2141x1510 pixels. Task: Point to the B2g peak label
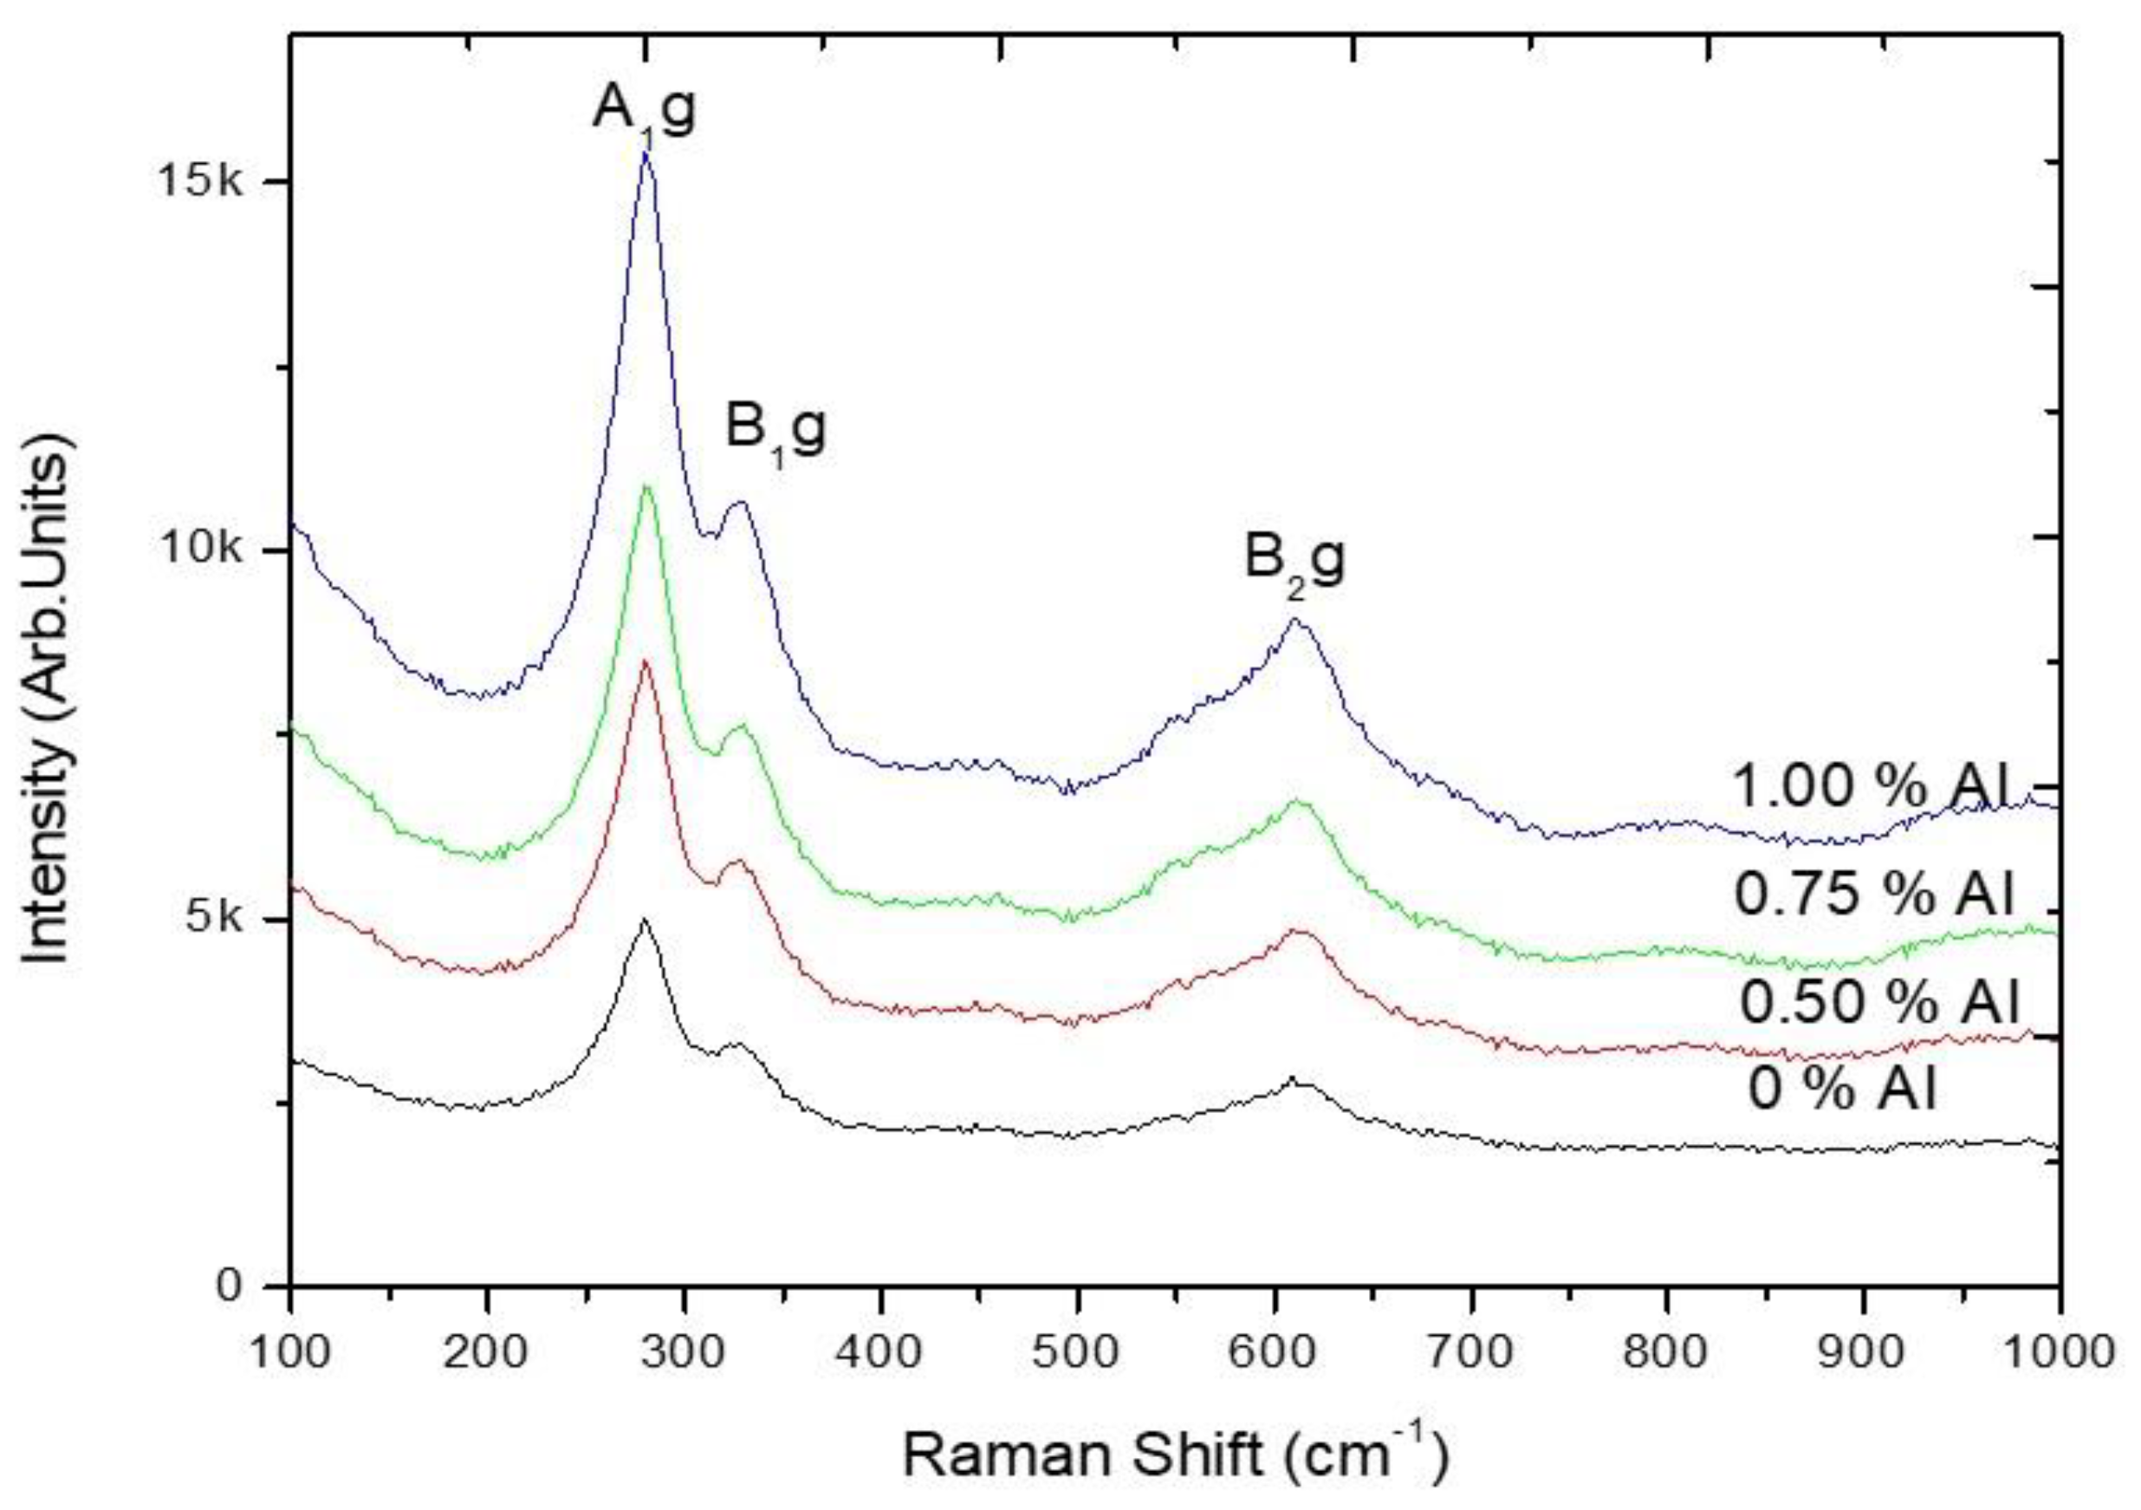click(1295, 563)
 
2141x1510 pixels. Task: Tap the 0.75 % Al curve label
click(1874, 895)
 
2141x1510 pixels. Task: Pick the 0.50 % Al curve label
click(1878, 1004)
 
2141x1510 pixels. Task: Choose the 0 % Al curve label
click(1843, 1090)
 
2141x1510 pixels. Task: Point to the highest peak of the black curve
click(643, 921)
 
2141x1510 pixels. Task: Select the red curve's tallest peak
click(645, 662)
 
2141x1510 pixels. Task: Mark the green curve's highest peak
click(646, 488)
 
